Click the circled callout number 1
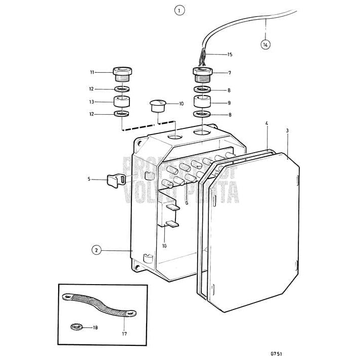[179, 10]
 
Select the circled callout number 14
[265, 44]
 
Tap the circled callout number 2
[96, 250]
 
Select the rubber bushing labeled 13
[121, 101]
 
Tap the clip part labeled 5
[117, 179]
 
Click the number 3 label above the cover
[287, 130]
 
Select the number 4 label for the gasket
[267, 123]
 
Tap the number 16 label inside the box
[164, 246]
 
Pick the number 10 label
[181, 104]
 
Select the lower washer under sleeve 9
[202, 115]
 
